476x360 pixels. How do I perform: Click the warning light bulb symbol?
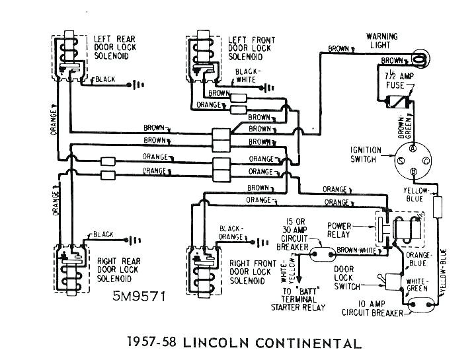point(417,57)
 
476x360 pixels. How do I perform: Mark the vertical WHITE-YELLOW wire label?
point(289,271)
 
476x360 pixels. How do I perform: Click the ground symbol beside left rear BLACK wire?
point(137,83)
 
